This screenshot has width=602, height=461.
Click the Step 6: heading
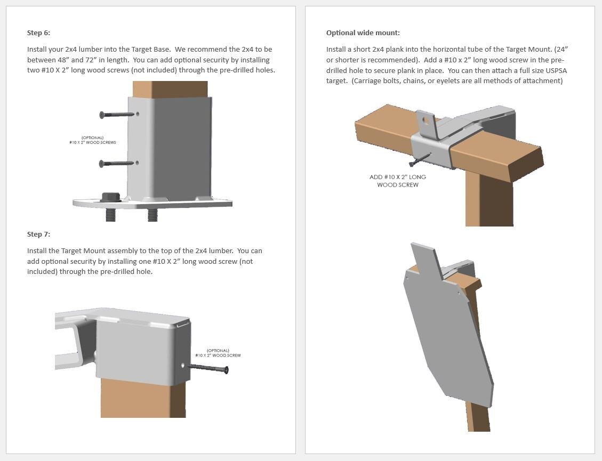[x=38, y=33]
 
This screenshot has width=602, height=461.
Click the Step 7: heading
[x=38, y=234]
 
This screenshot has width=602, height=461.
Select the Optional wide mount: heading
[x=363, y=33]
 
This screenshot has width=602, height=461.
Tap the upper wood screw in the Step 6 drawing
[x=116, y=115]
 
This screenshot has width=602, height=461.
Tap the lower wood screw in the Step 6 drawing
[x=116, y=164]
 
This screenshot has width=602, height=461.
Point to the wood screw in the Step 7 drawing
[x=209, y=368]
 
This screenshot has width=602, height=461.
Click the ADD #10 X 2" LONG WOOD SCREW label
[x=398, y=181]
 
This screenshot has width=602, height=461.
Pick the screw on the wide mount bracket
[x=419, y=160]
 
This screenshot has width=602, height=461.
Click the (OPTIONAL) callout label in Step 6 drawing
[x=93, y=140]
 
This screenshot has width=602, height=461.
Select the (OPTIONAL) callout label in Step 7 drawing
[x=218, y=353]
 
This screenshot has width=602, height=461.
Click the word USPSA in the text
[x=555, y=70]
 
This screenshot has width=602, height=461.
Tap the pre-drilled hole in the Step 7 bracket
[x=183, y=366]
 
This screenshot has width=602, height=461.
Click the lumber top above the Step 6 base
[x=170, y=89]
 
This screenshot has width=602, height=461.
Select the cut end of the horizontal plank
[x=527, y=167]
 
